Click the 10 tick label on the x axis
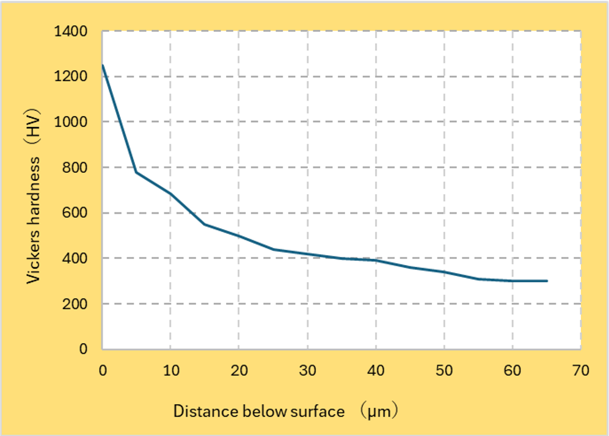(170, 370)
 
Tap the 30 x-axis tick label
(307, 370)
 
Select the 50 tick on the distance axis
(444, 370)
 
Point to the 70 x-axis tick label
(581, 370)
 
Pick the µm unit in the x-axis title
(378, 411)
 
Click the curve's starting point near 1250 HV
(103, 65)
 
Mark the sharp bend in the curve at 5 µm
(136, 172)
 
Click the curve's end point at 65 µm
(547, 281)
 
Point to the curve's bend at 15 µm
(205, 224)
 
